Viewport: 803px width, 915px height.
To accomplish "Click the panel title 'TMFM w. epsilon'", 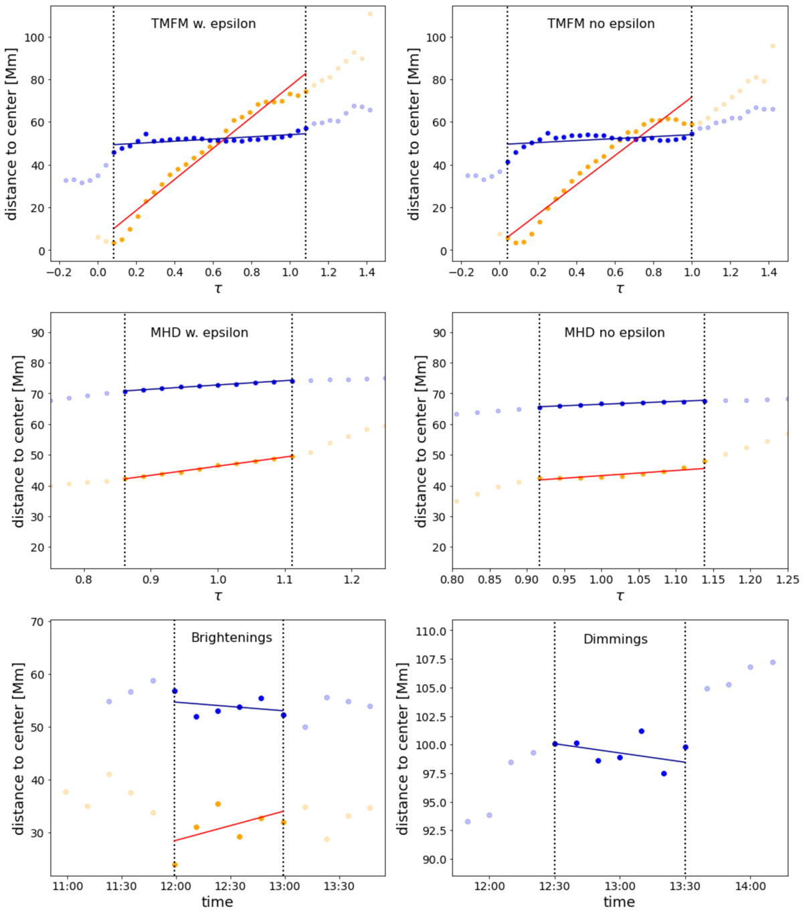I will (203, 24).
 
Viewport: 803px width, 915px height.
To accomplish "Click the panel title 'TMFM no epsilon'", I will (601, 24).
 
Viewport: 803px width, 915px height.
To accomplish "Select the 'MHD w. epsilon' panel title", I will (199, 333).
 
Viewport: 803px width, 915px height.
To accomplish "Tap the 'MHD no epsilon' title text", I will (614, 333).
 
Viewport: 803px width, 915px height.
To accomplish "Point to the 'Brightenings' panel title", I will (232, 637).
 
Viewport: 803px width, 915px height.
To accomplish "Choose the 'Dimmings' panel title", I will (616, 639).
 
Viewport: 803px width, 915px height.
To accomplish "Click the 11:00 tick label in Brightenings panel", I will (68, 887).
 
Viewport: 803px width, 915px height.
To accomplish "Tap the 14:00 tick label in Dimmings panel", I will (750, 887).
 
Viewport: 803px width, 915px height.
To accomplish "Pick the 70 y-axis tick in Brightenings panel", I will (37, 622).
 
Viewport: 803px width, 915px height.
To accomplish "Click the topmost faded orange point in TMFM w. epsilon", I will (370, 14).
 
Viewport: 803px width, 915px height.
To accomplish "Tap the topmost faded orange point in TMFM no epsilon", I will (772, 46).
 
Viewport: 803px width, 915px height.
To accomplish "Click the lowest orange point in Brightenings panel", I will (175, 865).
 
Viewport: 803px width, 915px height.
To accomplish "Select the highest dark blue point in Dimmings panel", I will (641, 731).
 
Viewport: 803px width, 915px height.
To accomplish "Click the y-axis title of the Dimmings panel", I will (403, 749).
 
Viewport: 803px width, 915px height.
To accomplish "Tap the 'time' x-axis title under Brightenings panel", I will (217, 902).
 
